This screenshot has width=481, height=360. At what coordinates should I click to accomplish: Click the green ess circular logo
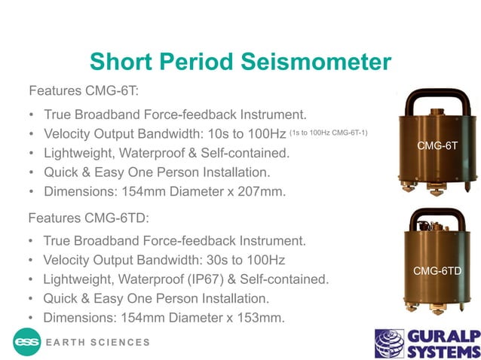point(28,342)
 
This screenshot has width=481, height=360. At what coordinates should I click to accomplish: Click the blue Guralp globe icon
point(391,343)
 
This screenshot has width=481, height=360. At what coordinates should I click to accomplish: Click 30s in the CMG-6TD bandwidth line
point(202,261)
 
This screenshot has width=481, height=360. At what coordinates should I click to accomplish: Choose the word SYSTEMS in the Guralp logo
point(443,350)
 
